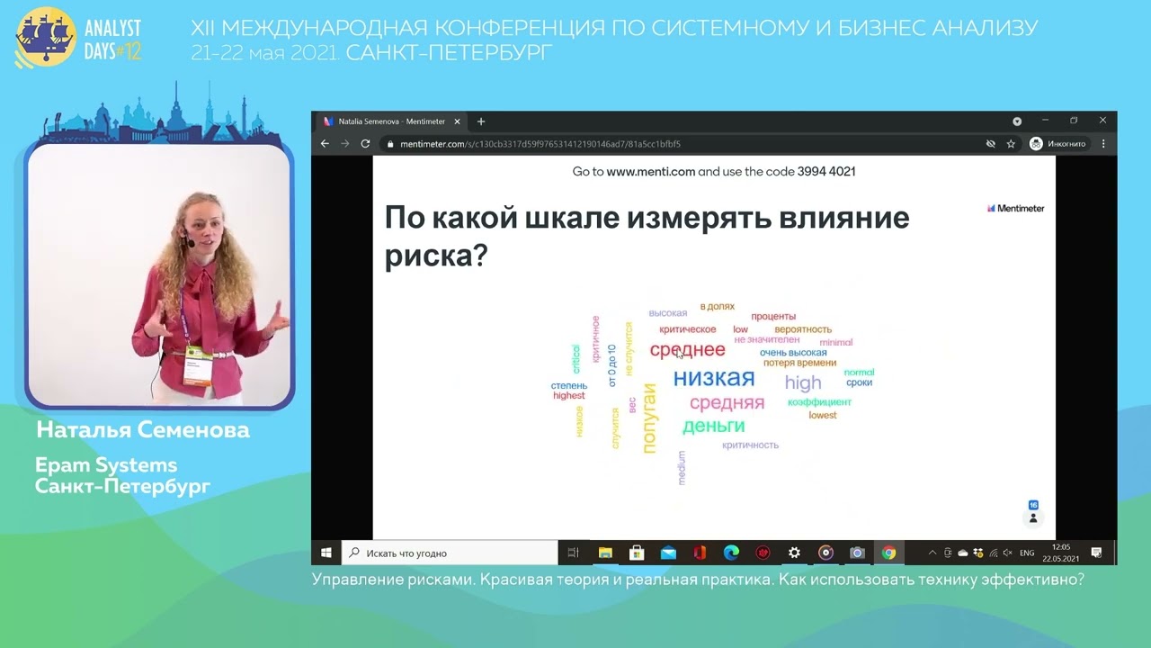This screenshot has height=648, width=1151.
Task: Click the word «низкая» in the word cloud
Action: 713,378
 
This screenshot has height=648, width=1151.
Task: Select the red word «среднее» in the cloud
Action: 687,350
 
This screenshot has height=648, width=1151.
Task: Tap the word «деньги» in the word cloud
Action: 713,426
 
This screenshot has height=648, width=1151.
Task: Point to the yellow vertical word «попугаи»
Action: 650,418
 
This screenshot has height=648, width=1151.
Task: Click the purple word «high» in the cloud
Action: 803,382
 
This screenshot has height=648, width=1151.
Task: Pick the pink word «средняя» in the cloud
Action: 727,402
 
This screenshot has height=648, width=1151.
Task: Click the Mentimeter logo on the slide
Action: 1015,208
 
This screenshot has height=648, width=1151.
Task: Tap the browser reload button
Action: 365,144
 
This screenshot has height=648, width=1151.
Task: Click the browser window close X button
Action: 1102,121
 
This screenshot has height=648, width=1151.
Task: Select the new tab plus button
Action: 481,121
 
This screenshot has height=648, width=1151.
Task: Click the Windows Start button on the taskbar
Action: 326,553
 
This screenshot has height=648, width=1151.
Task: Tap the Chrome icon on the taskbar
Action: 888,553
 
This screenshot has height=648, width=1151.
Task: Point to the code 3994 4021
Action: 825,171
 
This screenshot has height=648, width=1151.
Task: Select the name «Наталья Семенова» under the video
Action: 143,431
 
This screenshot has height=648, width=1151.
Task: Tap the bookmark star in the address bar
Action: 1011,144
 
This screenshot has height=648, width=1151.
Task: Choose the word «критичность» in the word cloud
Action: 750,445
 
